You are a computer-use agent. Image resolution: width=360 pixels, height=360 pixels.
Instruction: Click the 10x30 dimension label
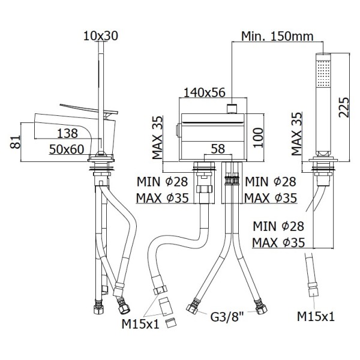[101, 36]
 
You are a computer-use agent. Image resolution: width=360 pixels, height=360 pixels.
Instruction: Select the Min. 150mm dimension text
[277, 36]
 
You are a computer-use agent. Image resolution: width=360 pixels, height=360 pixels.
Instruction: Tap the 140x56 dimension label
[205, 92]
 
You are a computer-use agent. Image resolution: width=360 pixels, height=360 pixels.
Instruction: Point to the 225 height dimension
[344, 107]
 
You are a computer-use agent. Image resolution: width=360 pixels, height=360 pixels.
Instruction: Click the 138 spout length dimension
[67, 133]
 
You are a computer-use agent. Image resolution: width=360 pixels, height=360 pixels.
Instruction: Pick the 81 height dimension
[16, 142]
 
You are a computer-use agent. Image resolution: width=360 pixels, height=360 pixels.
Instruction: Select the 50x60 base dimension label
[67, 149]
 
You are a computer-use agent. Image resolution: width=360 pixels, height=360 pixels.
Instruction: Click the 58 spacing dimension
[218, 149]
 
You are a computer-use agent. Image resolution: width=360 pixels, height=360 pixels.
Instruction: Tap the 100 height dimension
[257, 138]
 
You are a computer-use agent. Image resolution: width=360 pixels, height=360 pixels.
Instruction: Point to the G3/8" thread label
[227, 317]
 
